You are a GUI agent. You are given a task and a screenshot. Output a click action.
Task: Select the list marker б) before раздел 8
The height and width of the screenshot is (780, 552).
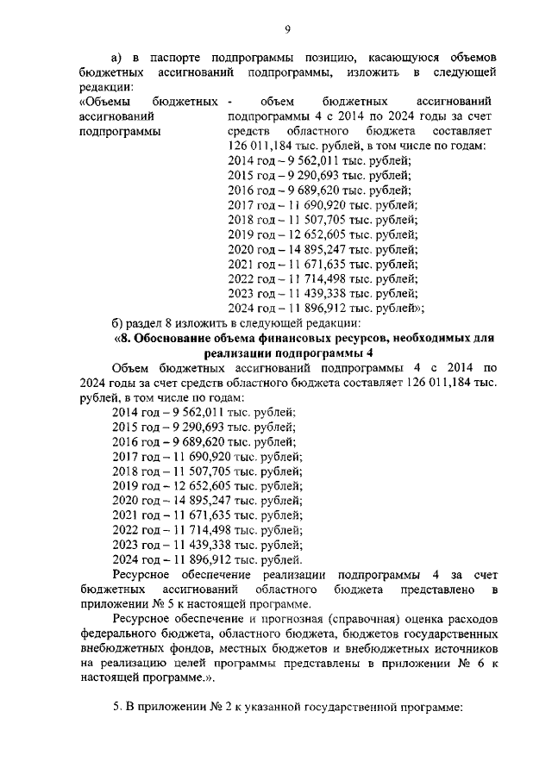(120, 322)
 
